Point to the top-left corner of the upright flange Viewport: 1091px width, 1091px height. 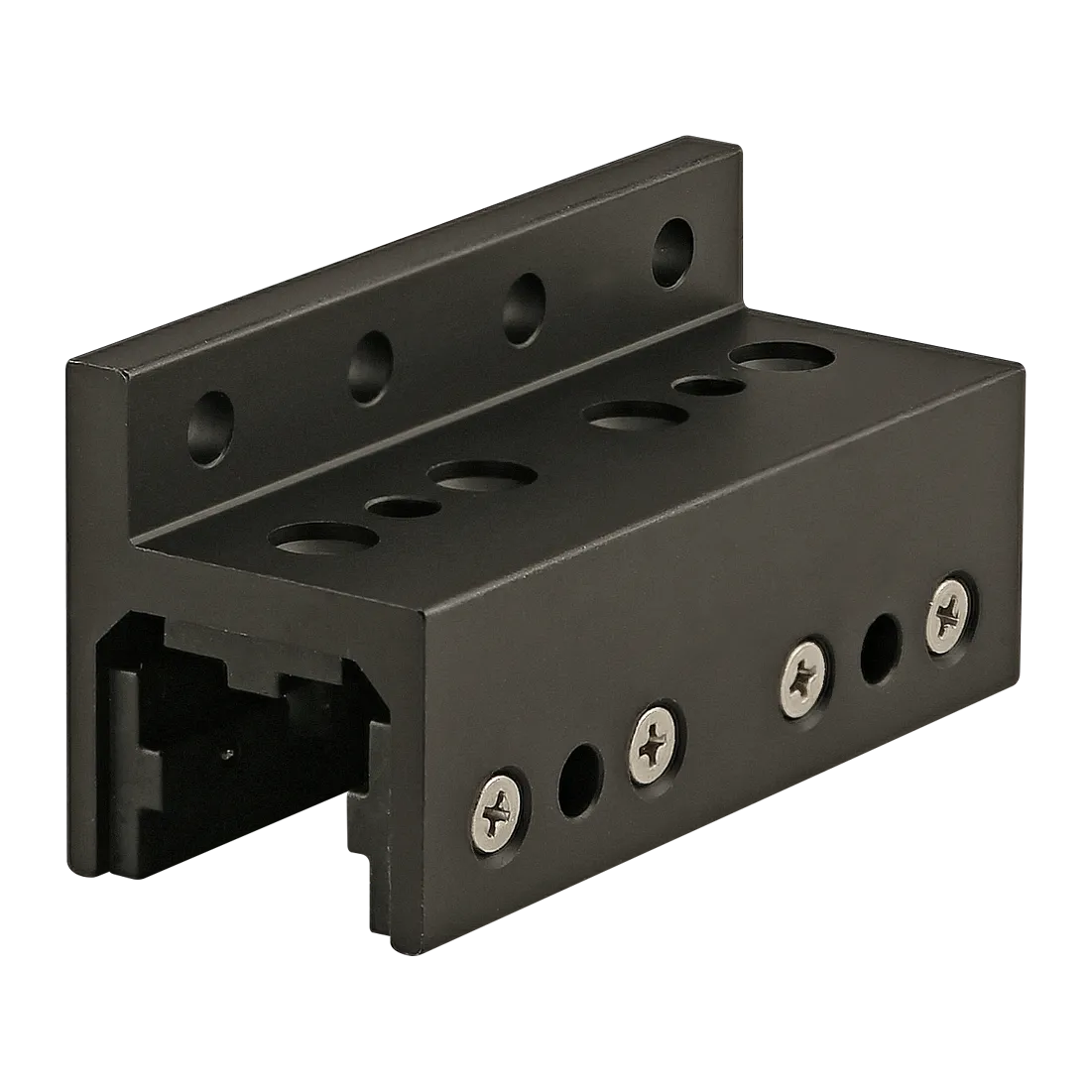click(x=67, y=364)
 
